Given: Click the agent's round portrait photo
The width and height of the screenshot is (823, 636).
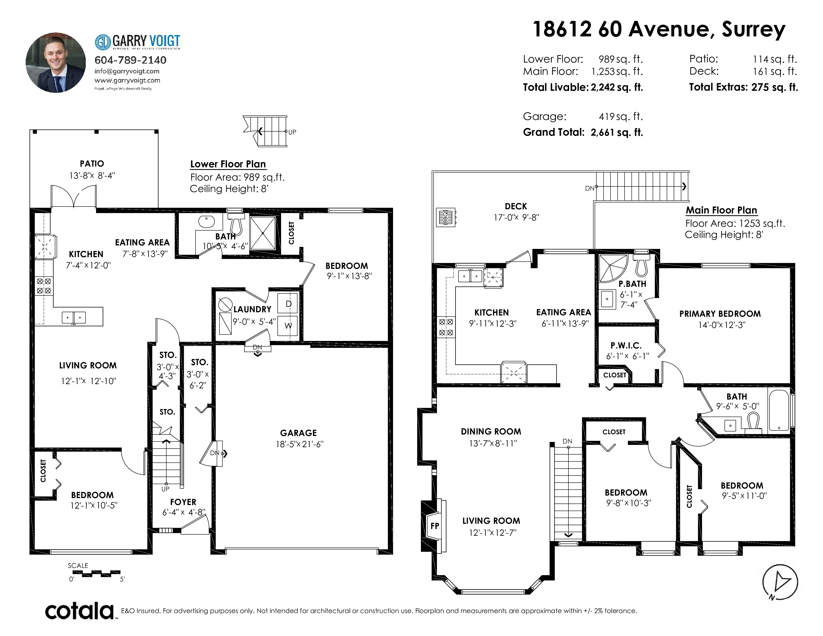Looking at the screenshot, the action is tap(56, 63).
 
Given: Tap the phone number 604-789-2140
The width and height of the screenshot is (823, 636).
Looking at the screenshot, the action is tap(130, 60).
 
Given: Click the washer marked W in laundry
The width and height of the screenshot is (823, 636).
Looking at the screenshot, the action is tap(288, 325).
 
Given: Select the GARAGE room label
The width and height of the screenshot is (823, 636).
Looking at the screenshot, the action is tap(299, 433).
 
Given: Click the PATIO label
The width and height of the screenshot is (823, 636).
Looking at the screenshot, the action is tap(92, 164).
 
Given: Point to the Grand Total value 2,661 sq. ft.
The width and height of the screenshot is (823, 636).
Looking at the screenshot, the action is tap(617, 132).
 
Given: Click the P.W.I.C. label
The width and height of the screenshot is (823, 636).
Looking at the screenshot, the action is tap(626, 345).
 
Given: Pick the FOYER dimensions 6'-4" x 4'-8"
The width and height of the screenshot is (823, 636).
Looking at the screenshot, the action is tap(184, 513).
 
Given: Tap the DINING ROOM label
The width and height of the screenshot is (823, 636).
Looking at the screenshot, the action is tap(491, 431).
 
